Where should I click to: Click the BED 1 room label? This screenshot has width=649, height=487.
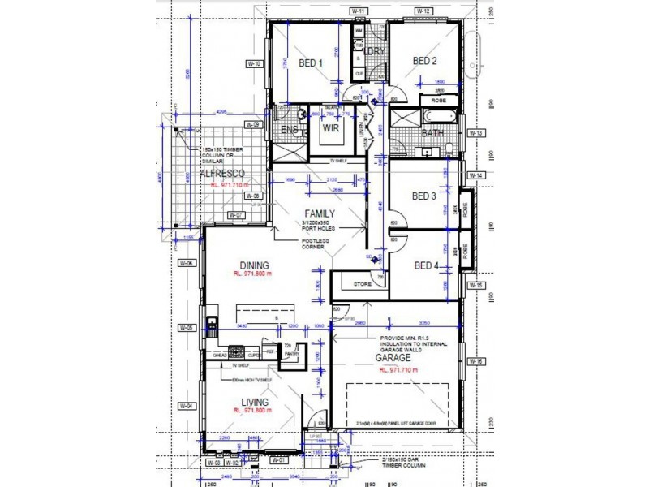pos(311,62)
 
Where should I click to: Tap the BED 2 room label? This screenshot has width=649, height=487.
pos(425,61)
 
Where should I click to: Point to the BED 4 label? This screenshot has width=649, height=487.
pos(426,265)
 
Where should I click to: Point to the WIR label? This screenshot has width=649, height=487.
pos(330,128)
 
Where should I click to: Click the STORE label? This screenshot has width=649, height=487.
pos(363,284)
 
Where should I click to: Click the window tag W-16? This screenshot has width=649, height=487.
pos(475,362)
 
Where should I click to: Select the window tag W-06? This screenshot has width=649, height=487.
pos(187,264)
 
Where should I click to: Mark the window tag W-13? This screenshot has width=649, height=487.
pos(475,133)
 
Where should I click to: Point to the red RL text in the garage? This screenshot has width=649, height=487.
pos(398,368)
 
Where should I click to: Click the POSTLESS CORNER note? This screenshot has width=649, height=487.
pos(313,244)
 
